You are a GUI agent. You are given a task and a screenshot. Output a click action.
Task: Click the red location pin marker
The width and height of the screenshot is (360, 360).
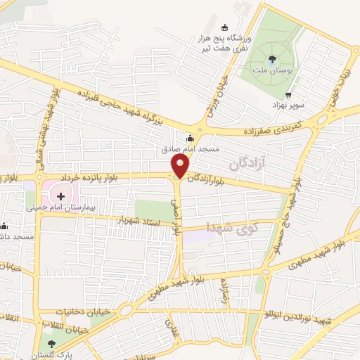pyautogui.click(x=181, y=166)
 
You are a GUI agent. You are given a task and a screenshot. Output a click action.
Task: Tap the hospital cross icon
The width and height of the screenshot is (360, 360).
pyautogui.click(x=60, y=195)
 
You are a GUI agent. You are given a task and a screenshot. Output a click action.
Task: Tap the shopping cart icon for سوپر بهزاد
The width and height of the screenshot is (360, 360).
pyautogui.click(x=288, y=94)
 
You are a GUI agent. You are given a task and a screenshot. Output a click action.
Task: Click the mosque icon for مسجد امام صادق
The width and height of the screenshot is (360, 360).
pyautogui.click(x=188, y=139)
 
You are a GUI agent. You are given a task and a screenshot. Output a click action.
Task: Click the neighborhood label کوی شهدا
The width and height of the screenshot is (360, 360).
pyautogui.click(x=231, y=227)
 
